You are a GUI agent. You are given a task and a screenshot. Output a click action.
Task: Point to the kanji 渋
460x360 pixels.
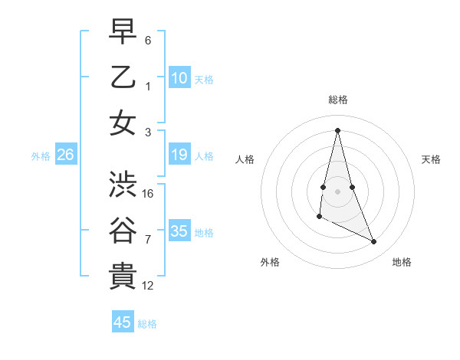point(123,184)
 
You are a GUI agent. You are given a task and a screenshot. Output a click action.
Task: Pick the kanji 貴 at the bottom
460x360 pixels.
point(123,276)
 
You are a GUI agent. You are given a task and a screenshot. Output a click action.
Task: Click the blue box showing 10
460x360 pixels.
point(179,77)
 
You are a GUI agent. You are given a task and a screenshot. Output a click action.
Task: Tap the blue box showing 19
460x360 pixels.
point(179,155)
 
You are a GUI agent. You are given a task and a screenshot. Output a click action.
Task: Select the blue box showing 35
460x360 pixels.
point(179,231)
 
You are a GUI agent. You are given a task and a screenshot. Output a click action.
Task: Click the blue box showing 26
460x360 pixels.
point(65,155)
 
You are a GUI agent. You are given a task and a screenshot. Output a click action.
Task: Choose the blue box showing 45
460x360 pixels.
point(123,322)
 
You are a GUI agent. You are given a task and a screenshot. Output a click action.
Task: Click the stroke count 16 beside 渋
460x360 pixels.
point(148,193)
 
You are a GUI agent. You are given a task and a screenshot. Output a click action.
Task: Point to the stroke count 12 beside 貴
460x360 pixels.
point(148,286)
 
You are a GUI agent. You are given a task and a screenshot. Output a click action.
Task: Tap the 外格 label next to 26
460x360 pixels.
point(41,156)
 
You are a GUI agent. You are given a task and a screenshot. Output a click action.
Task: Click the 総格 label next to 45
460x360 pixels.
point(147,324)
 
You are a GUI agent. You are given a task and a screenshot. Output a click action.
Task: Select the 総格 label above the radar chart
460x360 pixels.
point(338,100)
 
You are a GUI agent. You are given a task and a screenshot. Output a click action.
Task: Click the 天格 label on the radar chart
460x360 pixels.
point(431,159)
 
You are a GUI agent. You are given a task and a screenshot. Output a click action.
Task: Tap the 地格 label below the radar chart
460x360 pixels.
point(402,262)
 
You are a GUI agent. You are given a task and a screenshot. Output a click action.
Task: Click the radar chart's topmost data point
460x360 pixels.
point(337,129)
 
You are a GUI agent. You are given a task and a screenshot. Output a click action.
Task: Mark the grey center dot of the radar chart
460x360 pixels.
point(338,191)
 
